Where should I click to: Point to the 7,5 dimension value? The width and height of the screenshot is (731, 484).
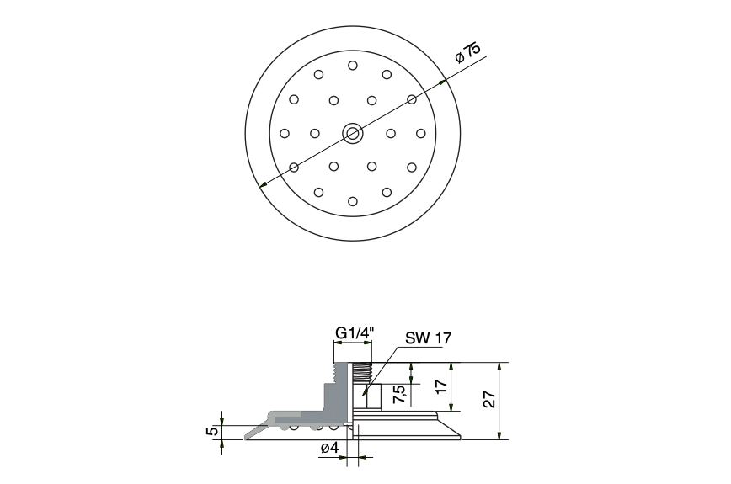pyautogui.click(x=402, y=392)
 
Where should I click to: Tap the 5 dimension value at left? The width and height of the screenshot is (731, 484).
pyautogui.click(x=213, y=431)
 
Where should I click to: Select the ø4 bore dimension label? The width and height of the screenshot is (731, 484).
pyautogui.click(x=329, y=449)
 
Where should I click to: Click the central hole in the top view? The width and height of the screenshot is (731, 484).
pyautogui.click(x=352, y=132)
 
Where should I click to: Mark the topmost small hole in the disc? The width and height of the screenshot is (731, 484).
pyautogui.click(x=352, y=66)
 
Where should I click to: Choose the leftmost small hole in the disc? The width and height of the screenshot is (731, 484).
pyautogui.click(x=285, y=133)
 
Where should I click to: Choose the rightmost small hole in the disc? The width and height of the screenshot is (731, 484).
pyautogui.click(x=420, y=133)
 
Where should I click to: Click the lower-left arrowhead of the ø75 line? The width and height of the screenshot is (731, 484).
pyautogui.click(x=263, y=185)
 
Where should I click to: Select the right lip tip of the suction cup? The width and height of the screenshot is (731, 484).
pyautogui.click(x=461, y=436)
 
